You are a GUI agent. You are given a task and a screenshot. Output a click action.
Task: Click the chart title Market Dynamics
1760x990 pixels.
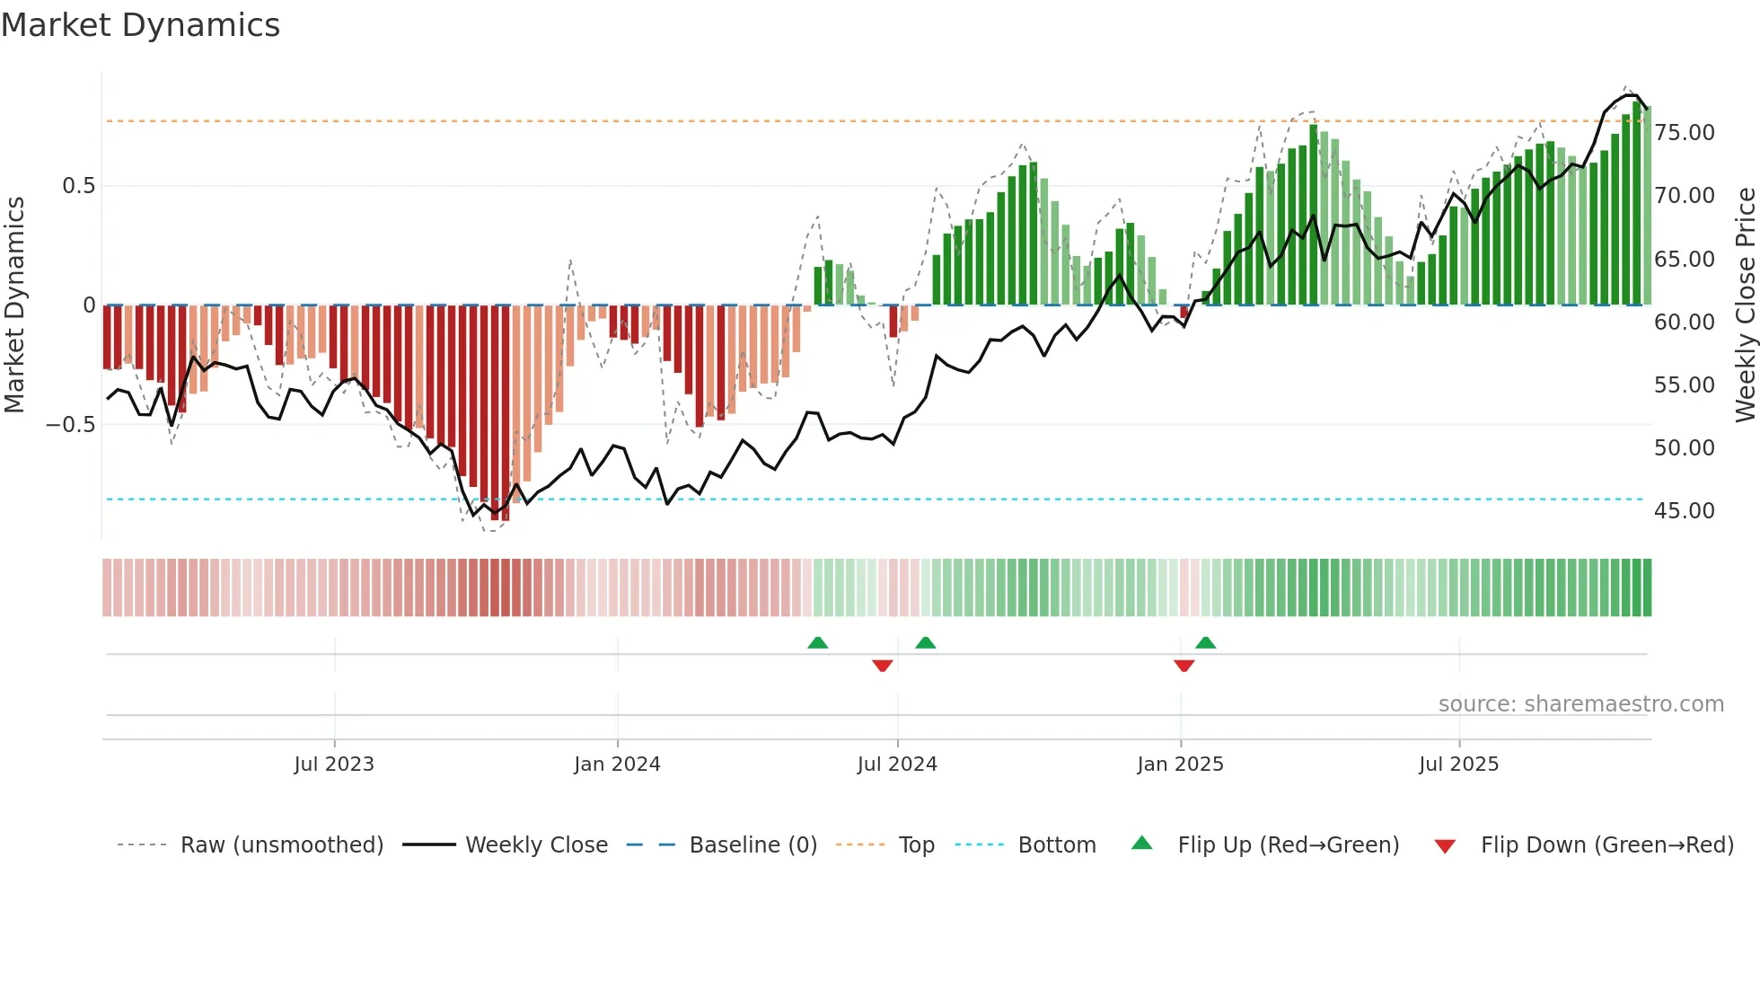[x=140, y=25]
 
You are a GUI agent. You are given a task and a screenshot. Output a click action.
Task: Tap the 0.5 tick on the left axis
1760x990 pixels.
[x=78, y=186]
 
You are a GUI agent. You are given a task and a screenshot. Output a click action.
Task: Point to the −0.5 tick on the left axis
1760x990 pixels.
[x=70, y=424]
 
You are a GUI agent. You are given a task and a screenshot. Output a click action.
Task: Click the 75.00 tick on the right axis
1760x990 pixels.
[x=1685, y=133]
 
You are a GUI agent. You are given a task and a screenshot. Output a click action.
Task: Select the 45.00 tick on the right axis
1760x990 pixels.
[x=1685, y=510]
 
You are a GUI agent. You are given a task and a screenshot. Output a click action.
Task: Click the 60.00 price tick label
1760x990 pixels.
[x=1685, y=322]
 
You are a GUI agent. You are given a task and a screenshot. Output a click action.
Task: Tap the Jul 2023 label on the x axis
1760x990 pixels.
[x=334, y=765]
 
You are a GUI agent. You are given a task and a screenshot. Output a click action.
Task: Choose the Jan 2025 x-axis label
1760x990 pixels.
[x=1180, y=765]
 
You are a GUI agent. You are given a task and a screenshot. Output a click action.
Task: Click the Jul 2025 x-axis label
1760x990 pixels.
[x=1459, y=765]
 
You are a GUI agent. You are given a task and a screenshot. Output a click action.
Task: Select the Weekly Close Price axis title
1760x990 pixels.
[x=1745, y=305]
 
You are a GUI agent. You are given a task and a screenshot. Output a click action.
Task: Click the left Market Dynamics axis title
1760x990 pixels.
[x=14, y=305]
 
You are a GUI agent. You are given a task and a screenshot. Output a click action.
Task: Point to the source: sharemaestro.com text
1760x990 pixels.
[x=1580, y=704]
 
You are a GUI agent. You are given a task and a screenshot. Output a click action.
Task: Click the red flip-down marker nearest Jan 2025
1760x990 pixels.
[x=1184, y=666]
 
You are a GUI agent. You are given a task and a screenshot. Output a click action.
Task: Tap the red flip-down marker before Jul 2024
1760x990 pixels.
[x=882, y=666]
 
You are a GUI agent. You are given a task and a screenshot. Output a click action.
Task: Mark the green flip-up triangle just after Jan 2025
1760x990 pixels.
[x=1206, y=642]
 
